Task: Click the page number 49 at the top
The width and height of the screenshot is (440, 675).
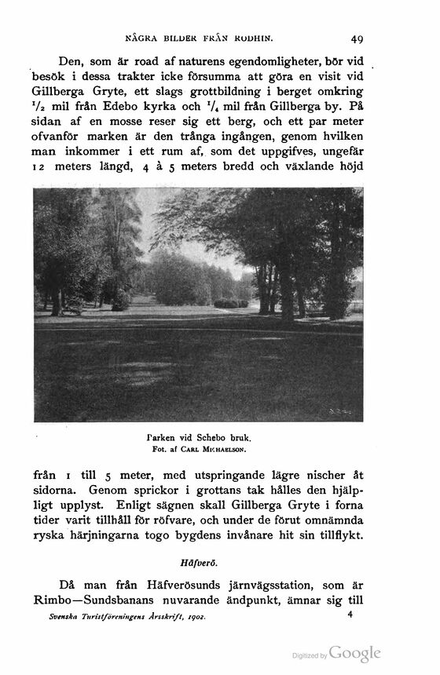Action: click(x=357, y=37)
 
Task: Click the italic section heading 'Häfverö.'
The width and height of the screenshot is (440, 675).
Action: click(x=197, y=561)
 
